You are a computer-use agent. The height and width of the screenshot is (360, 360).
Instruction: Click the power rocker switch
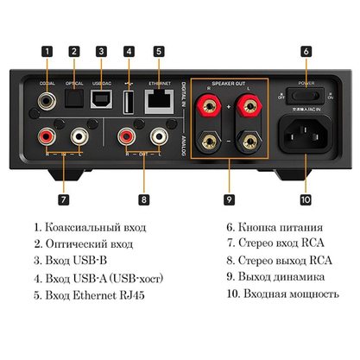point(307,96)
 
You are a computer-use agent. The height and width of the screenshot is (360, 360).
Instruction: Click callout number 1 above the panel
point(47,50)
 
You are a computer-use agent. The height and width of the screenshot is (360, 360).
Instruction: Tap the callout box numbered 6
point(306,50)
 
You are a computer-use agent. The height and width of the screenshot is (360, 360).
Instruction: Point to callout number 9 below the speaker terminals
point(229,199)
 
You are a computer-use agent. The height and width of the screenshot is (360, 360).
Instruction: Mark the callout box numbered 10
point(306,199)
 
